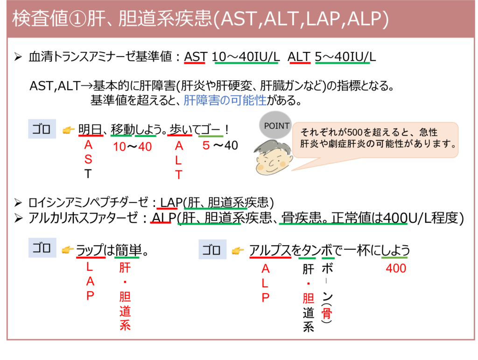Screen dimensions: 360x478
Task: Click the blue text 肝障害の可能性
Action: coord(225,100)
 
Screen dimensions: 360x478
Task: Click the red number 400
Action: coord(396,269)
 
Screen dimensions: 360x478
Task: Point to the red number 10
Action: coord(119,147)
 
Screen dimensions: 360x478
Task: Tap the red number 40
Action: coord(145,147)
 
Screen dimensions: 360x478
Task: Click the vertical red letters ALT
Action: coord(179,161)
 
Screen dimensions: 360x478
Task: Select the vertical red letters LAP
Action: coord(90,282)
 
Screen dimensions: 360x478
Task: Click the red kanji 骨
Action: coord(326,314)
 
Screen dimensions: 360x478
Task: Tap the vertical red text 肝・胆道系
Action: coord(125,297)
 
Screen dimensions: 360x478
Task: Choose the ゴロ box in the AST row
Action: coord(42,129)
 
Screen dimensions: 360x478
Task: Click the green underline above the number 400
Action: coord(394,258)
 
